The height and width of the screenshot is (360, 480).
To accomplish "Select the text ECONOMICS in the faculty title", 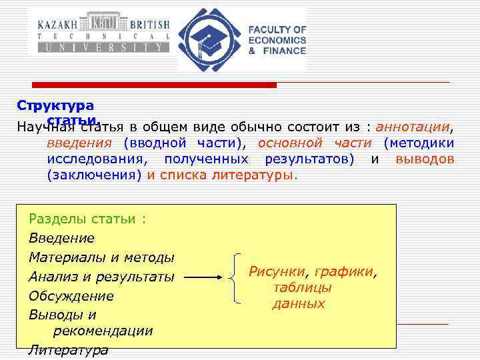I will click(x=277, y=40).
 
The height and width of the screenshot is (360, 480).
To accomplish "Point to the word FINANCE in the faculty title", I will click(x=282, y=51).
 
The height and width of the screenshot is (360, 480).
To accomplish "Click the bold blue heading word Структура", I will click(x=55, y=105).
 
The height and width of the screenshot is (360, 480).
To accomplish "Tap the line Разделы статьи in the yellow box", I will click(x=87, y=219).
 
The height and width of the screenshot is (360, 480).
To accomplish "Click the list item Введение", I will click(x=61, y=238).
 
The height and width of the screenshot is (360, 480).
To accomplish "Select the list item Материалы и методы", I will click(x=101, y=257).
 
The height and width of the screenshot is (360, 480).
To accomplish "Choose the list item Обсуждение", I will click(x=71, y=295).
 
